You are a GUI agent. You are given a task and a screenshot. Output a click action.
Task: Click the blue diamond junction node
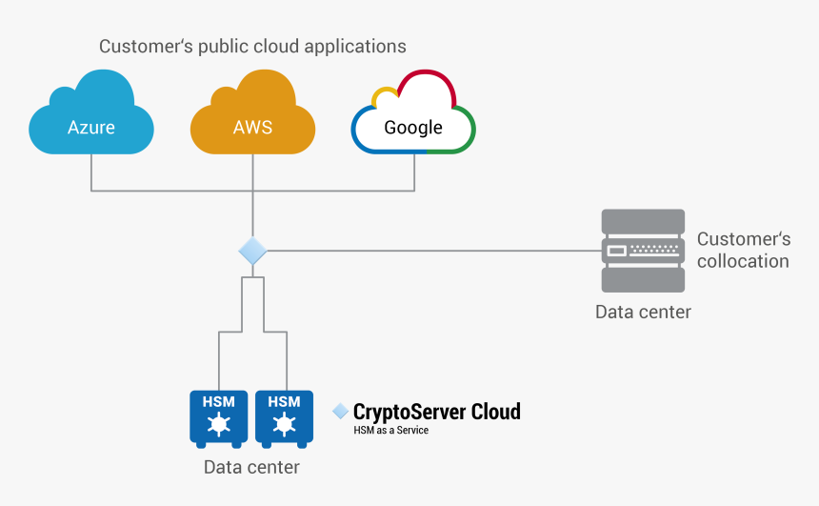(x=252, y=252)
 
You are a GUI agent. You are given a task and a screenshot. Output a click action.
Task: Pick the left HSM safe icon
(x=218, y=417)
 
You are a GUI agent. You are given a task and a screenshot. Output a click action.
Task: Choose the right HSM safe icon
(x=284, y=417)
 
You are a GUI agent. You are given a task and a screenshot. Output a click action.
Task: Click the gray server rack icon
(x=643, y=251)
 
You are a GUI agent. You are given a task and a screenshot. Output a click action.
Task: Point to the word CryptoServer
(x=409, y=412)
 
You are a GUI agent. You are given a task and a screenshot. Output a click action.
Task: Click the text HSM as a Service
(x=390, y=431)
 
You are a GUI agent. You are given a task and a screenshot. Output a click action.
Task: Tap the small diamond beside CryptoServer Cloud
(x=340, y=411)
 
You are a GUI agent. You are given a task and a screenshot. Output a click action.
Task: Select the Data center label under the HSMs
(x=251, y=467)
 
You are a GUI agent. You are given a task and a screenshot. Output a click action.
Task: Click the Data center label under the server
(x=643, y=312)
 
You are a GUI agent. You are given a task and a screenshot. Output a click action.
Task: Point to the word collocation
(x=743, y=261)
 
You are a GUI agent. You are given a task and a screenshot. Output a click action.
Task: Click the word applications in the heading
(x=357, y=47)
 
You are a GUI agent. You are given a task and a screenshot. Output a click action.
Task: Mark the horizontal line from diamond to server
(x=429, y=252)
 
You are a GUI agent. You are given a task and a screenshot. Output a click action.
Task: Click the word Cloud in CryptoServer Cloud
(x=495, y=412)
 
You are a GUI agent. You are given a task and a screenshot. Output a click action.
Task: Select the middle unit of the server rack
(x=643, y=251)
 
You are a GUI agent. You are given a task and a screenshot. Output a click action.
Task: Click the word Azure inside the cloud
(x=90, y=127)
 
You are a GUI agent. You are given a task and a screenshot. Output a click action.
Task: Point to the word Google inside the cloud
(x=413, y=128)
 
